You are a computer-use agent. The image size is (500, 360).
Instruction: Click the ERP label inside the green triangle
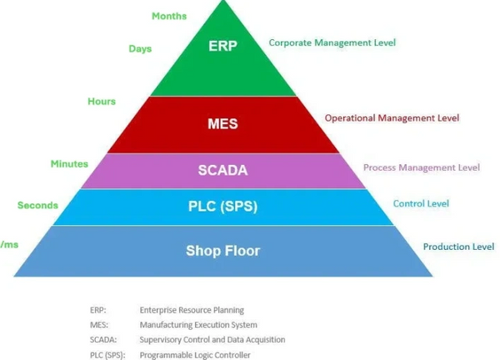coord(222,45)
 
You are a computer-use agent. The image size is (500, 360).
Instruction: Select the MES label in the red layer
coord(222,124)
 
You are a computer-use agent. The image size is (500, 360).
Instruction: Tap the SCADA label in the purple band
coord(222,170)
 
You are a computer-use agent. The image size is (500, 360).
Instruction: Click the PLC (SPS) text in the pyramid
coord(222,207)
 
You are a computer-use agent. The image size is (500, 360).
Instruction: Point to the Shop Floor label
coord(222,250)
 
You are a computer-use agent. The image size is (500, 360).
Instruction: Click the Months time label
coord(169,16)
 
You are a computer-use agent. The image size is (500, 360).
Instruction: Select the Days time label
coord(140,49)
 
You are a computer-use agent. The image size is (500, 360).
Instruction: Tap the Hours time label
coord(102,102)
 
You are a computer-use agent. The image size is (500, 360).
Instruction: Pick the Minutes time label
coord(68,164)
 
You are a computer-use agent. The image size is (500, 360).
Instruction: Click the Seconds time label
coord(37,205)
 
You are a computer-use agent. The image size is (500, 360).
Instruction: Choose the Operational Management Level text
coord(392,118)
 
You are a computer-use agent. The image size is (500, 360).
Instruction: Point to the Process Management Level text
coord(422,167)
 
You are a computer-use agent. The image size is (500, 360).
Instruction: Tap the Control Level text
coord(421,203)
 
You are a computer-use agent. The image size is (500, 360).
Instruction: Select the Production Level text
coord(458,247)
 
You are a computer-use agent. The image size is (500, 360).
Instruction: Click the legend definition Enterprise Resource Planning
coord(192,310)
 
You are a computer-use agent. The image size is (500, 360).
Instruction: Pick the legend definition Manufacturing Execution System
coord(198,325)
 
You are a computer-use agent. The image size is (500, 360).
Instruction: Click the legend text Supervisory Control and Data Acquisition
coord(212,340)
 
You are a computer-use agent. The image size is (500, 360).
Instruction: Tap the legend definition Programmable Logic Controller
coord(195,355)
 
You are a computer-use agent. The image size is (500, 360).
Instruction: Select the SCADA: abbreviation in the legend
coord(104,340)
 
